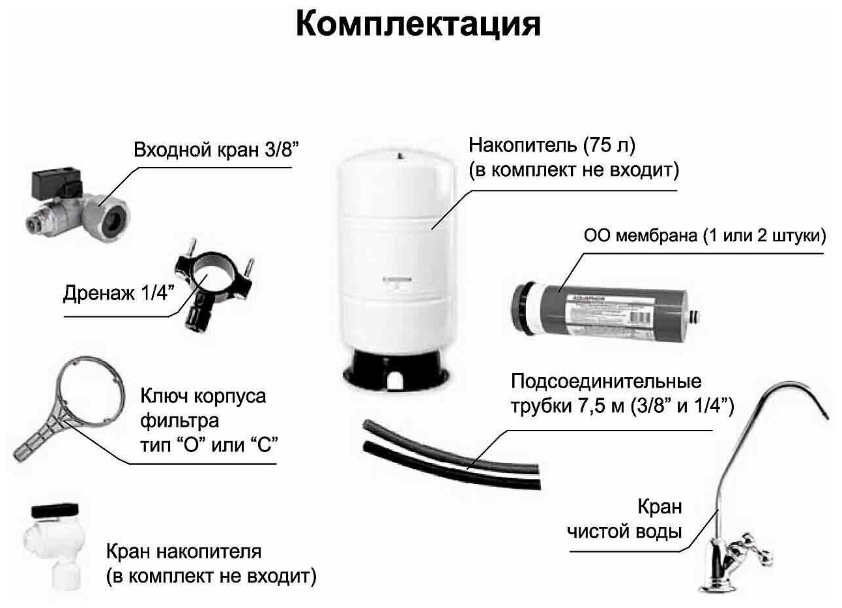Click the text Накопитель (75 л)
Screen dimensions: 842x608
tap(551, 144)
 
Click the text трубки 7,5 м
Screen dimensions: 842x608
tap(567, 407)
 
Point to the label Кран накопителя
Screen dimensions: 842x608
tap(183, 552)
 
